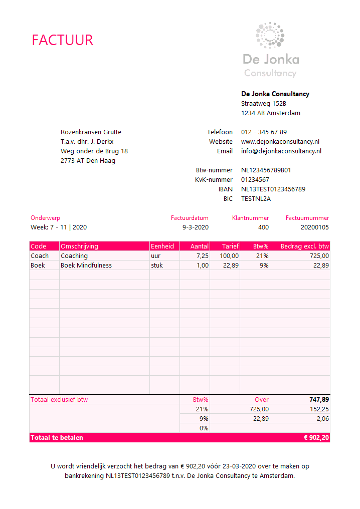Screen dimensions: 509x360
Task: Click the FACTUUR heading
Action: point(63,40)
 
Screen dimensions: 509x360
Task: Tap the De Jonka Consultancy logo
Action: point(270,50)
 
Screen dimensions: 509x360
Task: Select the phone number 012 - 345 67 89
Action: point(264,132)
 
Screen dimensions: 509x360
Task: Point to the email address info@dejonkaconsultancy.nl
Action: point(281,151)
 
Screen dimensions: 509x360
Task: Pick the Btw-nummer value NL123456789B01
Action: point(266,170)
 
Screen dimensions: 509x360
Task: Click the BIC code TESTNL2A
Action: point(256,199)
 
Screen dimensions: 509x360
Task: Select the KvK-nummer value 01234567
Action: point(255,180)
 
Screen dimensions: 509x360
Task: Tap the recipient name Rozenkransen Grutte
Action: point(91,132)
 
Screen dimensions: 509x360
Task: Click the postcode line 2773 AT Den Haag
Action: point(88,161)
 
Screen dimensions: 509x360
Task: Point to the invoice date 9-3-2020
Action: point(196,227)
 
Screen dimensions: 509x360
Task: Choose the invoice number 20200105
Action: point(314,227)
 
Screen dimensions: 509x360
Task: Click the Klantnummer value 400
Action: point(263,227)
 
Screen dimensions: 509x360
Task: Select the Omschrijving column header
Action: point(80,246)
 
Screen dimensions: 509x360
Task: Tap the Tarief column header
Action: point(231,246)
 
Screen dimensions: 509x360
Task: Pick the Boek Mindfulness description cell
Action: point(86,266)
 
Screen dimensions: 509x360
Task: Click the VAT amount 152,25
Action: point(319,409)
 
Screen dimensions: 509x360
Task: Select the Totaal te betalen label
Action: point(57,438)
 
